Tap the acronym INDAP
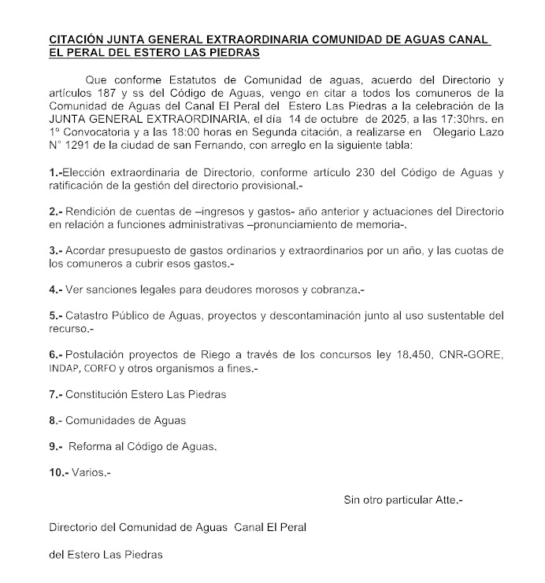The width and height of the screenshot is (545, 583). click(x=63, y=368)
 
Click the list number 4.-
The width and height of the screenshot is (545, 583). click(x=55, y=290)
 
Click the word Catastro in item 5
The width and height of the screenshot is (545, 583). click(x=89, y=316)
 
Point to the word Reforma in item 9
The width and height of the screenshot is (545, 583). click(x=91, y=446)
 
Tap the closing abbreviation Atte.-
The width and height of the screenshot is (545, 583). click(x=447, y=500)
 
